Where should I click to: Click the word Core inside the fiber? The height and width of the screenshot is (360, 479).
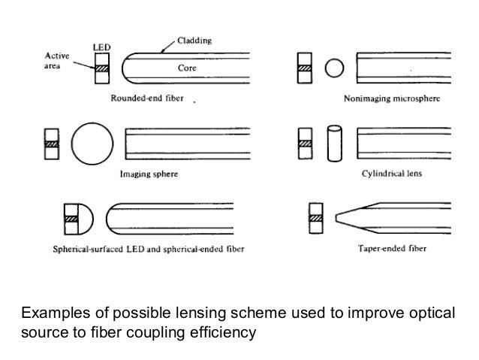pos(187,68)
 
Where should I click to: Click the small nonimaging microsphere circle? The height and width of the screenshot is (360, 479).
pos(334,70)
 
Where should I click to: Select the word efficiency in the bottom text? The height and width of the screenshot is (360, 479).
pos(221,329)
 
